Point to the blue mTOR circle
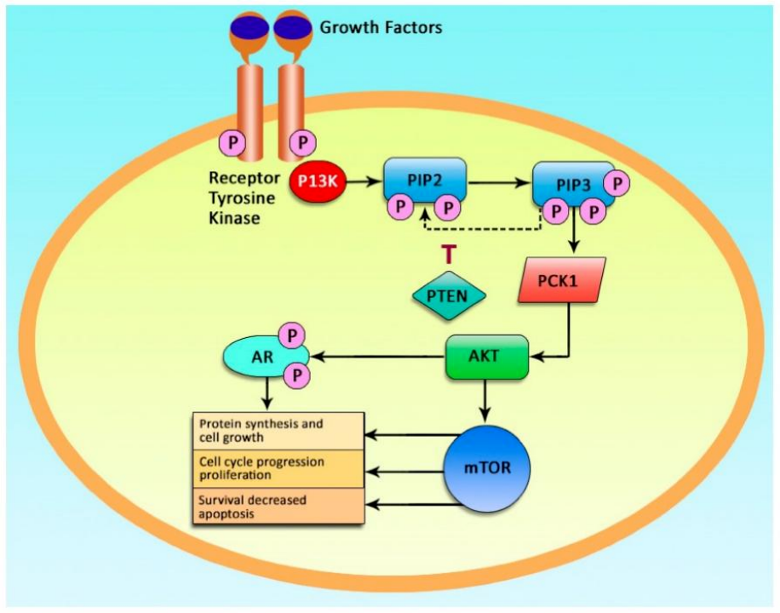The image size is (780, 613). (489, 467)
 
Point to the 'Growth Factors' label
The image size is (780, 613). (381, 28)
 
